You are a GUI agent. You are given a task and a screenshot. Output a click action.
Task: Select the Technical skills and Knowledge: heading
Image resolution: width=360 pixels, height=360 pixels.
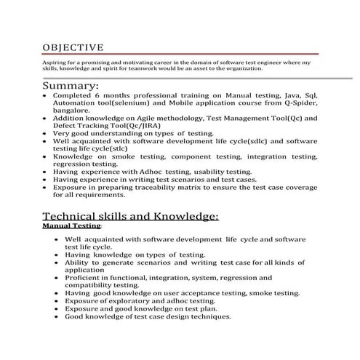(130, 216)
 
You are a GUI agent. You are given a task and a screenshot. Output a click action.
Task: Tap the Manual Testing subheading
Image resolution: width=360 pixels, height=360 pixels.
(72, 226)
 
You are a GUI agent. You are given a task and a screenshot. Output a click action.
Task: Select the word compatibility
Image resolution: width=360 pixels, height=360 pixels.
(91, 285)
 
